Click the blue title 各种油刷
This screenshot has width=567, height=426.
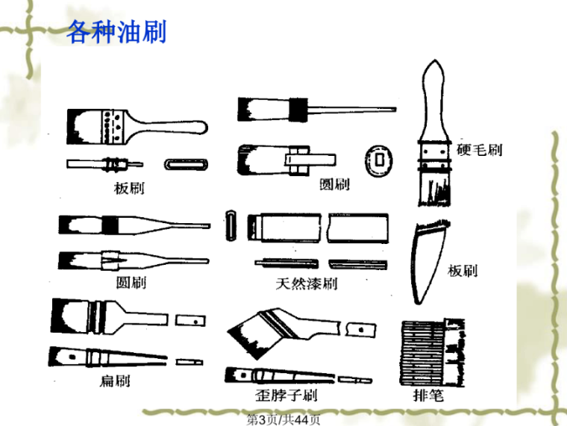coord(116,32)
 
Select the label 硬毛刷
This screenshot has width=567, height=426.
coord(480,150)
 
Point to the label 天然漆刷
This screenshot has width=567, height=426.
coord(307,284)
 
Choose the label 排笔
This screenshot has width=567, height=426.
coord(427,395)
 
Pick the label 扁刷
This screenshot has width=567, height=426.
coord(115,381)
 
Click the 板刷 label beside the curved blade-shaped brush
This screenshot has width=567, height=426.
coord(463,271)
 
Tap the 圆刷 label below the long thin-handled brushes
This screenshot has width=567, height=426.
coord(131,283)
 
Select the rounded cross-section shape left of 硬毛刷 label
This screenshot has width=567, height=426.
coord(380,158)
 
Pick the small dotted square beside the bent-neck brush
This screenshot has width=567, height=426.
coord(362,328)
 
